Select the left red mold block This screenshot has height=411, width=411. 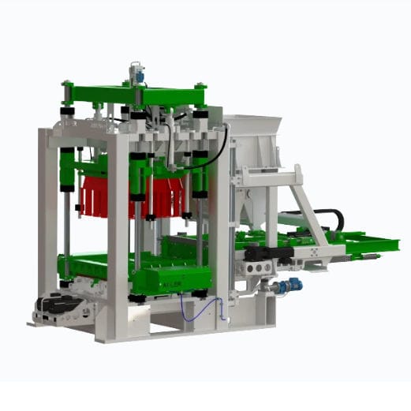(95, 196)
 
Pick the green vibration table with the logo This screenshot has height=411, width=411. (170, 277)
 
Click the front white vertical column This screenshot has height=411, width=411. (118, 237)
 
